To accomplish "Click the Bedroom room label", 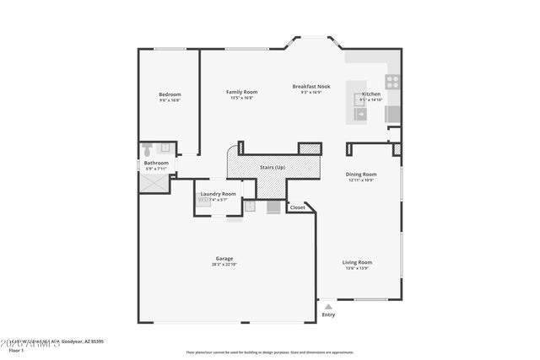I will coord(170,94).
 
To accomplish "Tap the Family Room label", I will coord(241,92).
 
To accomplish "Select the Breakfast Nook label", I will coord(311,87).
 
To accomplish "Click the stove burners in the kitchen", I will coord(392,82).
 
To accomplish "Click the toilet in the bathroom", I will coord(148,149).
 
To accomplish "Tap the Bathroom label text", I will coord(156,163).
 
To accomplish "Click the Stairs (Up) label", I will coord(273,168).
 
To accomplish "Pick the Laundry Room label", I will coord(218,194).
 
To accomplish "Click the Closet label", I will coord(298,207).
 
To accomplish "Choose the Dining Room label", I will coord(361,175).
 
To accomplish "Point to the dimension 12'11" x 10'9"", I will coord(361,180).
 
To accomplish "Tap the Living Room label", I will coord(357,262).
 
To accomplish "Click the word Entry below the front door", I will coord(328,315).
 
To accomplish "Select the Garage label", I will coord(224,259).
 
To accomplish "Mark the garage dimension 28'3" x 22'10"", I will coord(224,265).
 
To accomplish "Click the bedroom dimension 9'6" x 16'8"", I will coord(170,99).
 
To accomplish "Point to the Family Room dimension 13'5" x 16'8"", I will coord(241,98).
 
